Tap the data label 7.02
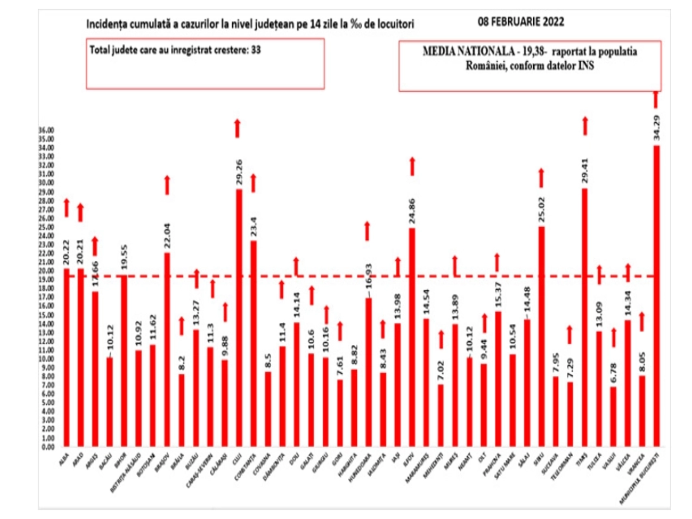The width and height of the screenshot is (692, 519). point(441,370)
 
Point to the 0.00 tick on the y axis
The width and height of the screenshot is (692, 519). point(48,447)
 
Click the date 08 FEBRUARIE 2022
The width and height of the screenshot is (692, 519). point(521,22)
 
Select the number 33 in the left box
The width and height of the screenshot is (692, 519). point(256,50)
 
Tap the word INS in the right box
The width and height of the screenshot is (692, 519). point(586,65)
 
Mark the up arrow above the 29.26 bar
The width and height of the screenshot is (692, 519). point(237,128)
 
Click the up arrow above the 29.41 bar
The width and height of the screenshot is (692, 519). point(585,126)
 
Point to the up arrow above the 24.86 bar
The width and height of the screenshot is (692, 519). point(412,166)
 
